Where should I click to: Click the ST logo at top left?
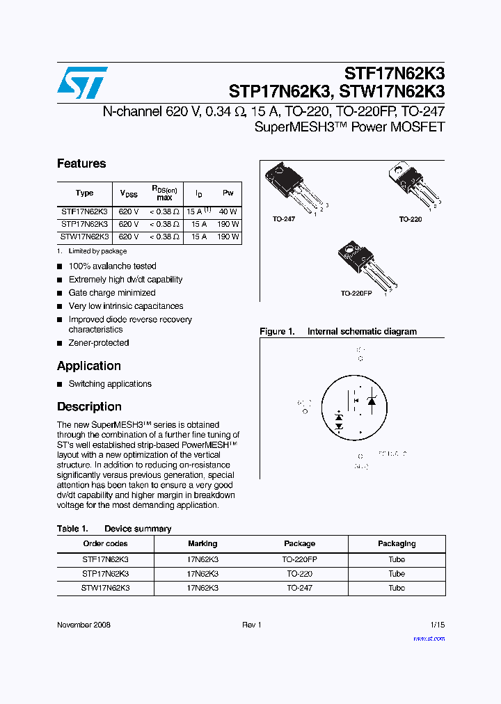tap(82, 83)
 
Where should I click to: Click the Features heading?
tap(81, 164)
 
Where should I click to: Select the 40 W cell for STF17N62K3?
tap(228, 211)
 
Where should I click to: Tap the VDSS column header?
tap(129, 194)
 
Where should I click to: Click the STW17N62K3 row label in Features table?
tap(84, 237)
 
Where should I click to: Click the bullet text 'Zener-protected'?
tap(98, 343)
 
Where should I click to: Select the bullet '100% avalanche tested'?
tap(112, 266)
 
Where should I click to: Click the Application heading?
tap(89, 366)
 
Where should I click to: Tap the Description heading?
tap(89, 407)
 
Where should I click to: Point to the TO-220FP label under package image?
tap(356, 294)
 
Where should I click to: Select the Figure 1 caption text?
tap(338, 332)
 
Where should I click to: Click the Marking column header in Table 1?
tap(202, 544)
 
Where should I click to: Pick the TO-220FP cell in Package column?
tap(299, 559)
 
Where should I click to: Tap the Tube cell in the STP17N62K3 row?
tap(397, 574)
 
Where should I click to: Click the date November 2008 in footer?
tap(83, 625)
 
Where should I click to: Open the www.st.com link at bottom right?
tap(429, 639)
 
